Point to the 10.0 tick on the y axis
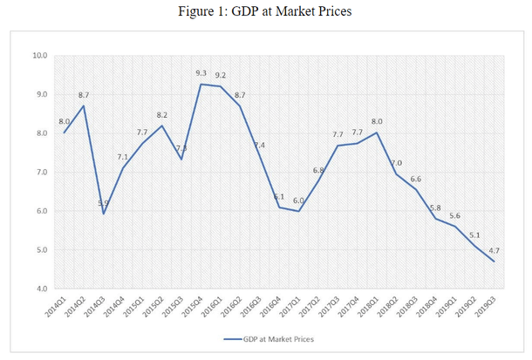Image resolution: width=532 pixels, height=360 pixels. click(x=39, y=56)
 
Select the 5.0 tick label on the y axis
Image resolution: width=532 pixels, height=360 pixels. click(x=40, y=250)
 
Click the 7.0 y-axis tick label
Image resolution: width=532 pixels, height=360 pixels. click(x=40, y=173)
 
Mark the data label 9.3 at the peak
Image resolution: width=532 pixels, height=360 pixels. click(x=201, y=73)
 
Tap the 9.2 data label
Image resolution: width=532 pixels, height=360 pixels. click(x=221, y=75)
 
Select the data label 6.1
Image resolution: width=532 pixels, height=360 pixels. click(x=279, y=197)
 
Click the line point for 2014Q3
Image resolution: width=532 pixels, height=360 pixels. click(x=104, y=214)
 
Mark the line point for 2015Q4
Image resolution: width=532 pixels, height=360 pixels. click(x=201, y=84)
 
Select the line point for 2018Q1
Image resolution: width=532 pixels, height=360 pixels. click(x=376, y=132)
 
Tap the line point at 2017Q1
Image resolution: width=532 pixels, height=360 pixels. click(x=298, y=211)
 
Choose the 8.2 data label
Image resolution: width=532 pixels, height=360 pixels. click(x=162, y=115)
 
